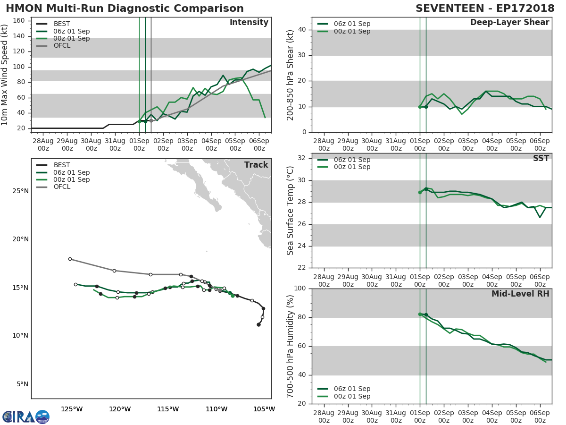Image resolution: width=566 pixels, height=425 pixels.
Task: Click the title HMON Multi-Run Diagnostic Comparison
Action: (x=125, y=8)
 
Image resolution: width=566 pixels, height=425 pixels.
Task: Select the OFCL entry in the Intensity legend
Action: (x=62, y=46)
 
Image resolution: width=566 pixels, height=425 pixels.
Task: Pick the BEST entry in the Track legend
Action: (x=62, y=165)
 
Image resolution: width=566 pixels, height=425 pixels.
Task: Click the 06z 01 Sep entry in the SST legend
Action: (x=352, y=160)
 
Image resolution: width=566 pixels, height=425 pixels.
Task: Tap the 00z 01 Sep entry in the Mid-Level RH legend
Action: (x=352, y=396)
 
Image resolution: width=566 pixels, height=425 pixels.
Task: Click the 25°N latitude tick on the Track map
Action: (x=20, y=191)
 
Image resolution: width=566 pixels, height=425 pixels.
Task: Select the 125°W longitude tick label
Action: (x=72, y=409)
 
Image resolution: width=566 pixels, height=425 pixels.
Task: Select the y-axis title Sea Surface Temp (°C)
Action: (x=291, y=211)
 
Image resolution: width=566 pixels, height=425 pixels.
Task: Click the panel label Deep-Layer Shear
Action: (x=509, y=23)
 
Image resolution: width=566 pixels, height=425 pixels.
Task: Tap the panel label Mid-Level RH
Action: (x=520, y=294)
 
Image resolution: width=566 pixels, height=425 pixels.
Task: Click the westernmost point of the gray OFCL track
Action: (x=70, y=259)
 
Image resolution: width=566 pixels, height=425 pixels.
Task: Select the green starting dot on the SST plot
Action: (x=420, y=192)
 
